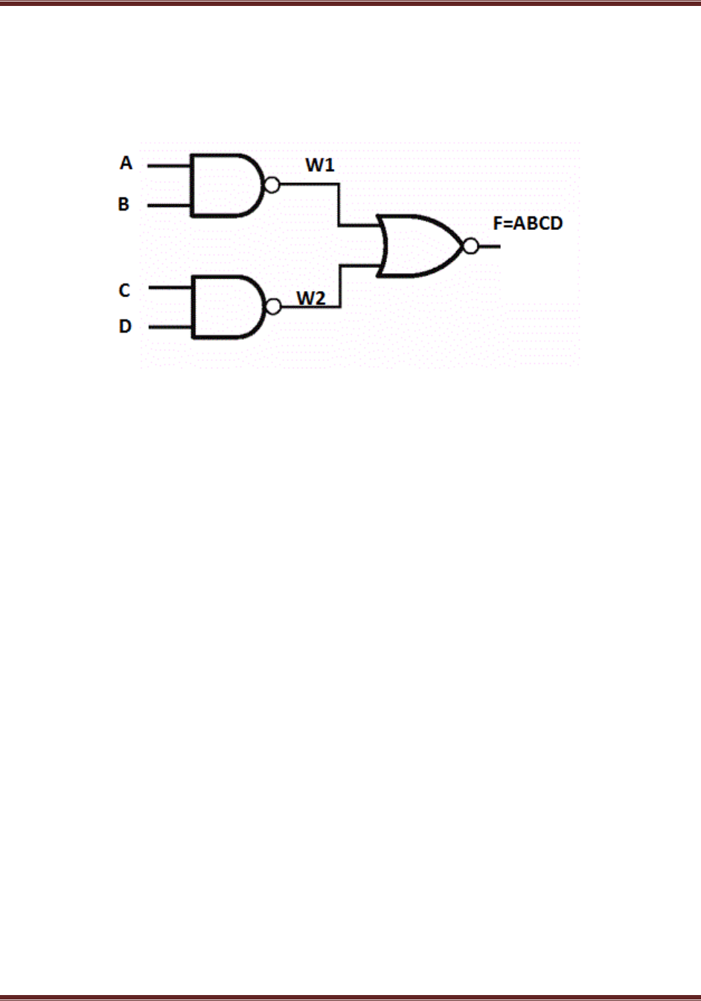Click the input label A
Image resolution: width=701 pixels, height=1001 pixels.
(x=126, y=163)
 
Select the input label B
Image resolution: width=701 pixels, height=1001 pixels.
(x=124, y=204)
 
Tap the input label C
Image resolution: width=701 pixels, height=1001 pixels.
(x=124, y=290)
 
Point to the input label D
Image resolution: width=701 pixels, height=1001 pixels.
(x=125, y=326)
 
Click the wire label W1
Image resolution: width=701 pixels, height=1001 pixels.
(x=320, y=165)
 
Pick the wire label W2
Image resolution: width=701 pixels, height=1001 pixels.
(x=311, y=298)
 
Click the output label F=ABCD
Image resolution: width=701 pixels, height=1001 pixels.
(x=528, y=223)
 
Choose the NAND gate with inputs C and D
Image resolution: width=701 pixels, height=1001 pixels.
(x=225, y=307)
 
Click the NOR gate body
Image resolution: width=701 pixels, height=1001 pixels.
(x=417, y=246)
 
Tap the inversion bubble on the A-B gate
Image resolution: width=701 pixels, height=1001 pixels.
(x=272, y=185)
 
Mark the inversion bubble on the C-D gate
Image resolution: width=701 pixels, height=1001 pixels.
(x=273, y=307)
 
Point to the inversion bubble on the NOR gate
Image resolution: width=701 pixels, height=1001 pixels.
(x=470, y=246)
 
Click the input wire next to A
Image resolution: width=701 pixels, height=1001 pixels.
(x=169, y=165)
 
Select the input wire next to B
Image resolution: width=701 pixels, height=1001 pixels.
(x=169, y=205)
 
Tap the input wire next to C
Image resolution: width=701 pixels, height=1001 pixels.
(x=170, y=287)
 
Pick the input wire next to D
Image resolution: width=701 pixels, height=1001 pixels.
(x=170, y=327)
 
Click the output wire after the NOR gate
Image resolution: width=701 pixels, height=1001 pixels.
(x=489, y=246)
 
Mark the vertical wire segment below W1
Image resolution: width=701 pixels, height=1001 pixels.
(x=339, y=205)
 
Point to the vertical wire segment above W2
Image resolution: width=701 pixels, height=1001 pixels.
(x=340, y=286)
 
